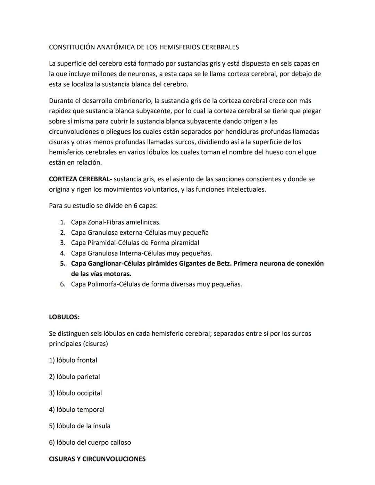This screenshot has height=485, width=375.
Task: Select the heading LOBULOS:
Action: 64,317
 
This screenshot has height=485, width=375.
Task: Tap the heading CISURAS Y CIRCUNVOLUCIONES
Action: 97,459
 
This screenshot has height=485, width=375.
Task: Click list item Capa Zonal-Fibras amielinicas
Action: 116,222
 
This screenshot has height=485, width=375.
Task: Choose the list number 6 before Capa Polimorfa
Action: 63,284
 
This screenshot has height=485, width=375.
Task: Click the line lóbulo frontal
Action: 73,360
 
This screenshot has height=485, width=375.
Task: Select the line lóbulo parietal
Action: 74,377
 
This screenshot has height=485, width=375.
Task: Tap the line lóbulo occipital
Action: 75,393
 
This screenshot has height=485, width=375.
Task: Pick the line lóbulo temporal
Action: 77,410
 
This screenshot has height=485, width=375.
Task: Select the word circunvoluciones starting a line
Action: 74,132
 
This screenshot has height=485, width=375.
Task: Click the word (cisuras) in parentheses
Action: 95,344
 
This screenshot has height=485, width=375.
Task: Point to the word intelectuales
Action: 246,190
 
